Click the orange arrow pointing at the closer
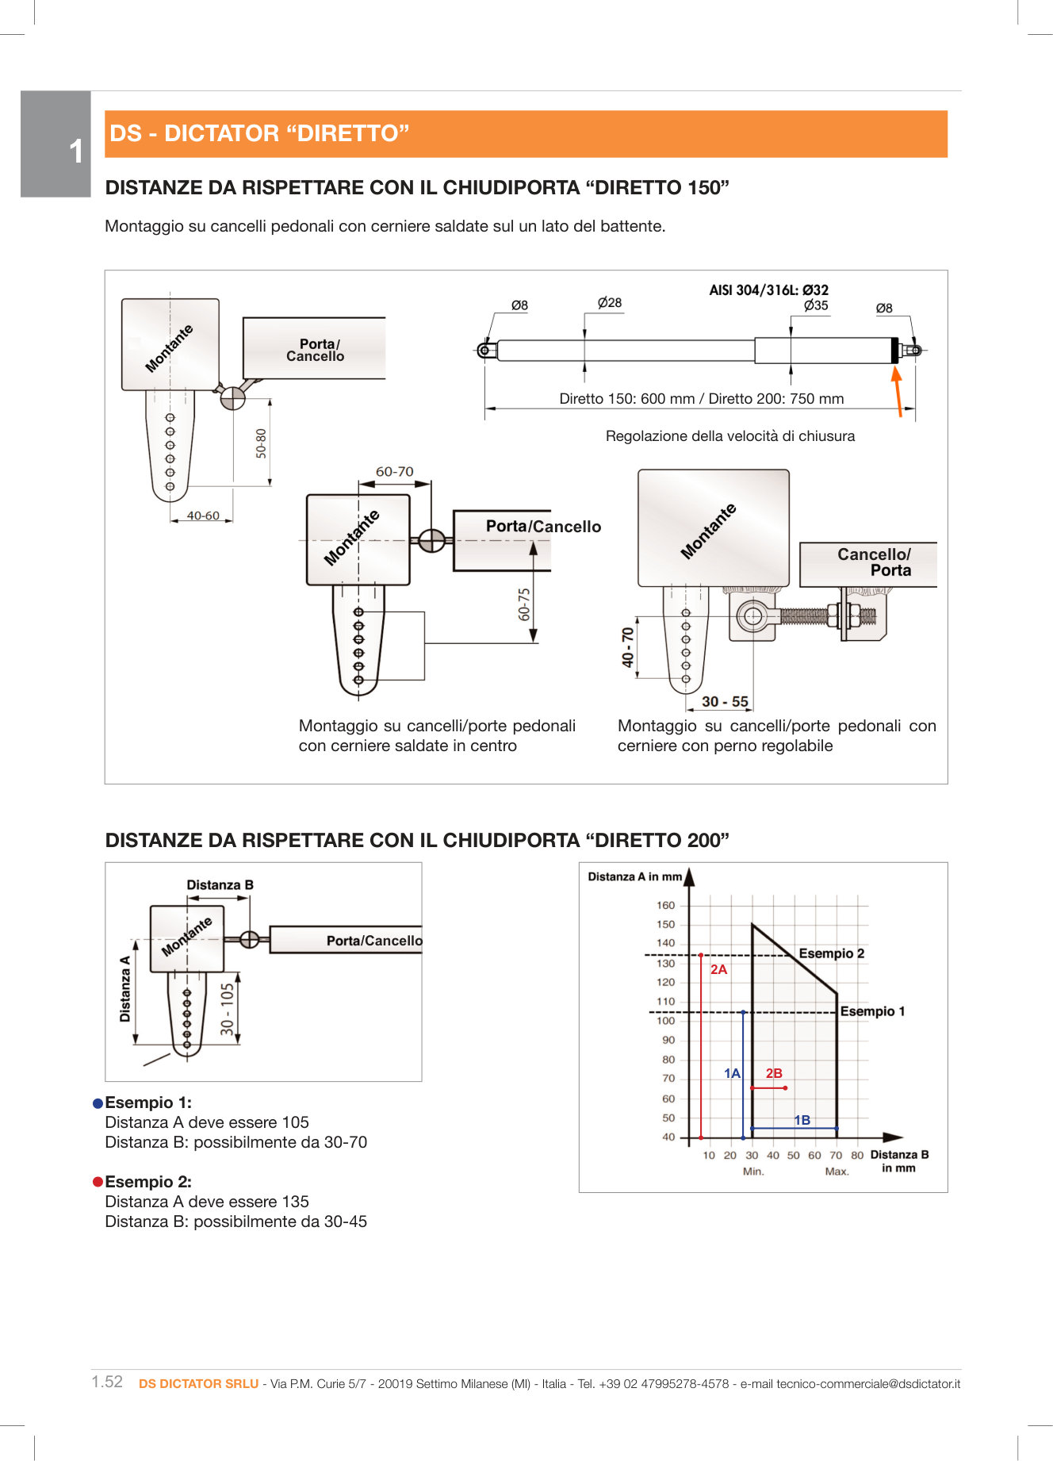click(897, 393)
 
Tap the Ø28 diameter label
click(610, 303)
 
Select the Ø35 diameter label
click(815, 305)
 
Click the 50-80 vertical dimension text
click(261, 443)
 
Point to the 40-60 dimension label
click(203, 516)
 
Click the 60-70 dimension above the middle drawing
click(394, 471)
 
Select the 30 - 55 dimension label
click(725, 702)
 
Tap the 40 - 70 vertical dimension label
click(628, 647)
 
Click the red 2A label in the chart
click(718, 969)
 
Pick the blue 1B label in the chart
click(802, 1120)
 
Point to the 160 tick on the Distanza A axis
click(665, 905)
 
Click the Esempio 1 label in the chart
click(872, 1011)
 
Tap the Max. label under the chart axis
click(837, 1171)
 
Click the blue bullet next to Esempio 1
click(98, 1103)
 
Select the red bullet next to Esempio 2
click(98, 1183)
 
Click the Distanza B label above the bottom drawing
click(220, 885)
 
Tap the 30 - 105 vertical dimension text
click(228, 1009)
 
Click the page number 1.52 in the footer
click(107, 1382)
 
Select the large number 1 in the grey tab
click(75, 151)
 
